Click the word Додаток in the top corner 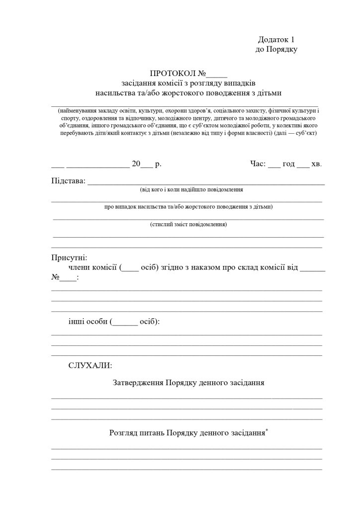273,40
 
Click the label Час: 258,164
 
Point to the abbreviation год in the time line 289,164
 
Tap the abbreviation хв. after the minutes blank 317,164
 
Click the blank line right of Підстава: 206,181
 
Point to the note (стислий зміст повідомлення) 188,225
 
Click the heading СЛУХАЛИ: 90,366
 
